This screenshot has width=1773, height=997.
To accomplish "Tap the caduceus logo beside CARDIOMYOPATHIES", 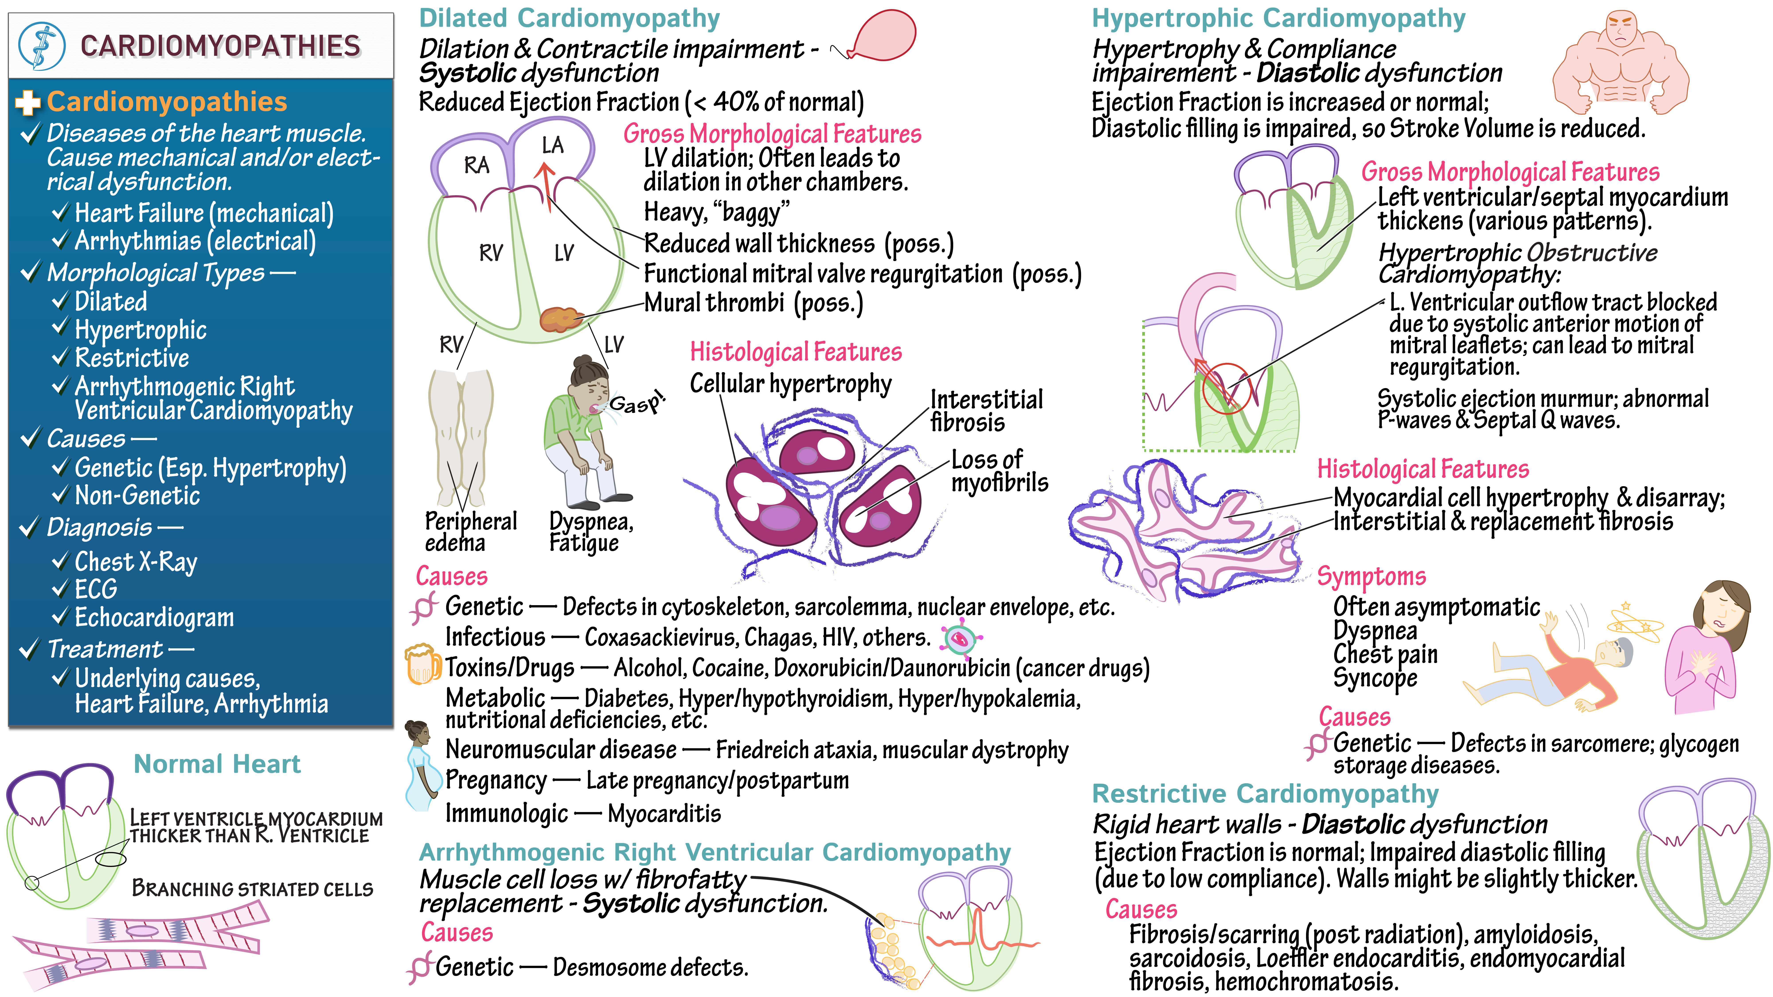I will pyautogui.click(x=41, y=46).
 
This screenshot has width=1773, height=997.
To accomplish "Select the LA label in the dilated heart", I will pyautogui.click(x=552, y=145).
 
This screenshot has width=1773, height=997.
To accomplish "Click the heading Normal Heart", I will pyautogui.click(x=217, y=764).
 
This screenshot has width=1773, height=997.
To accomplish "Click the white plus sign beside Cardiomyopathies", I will pyautogui.click(x=27, y=103).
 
